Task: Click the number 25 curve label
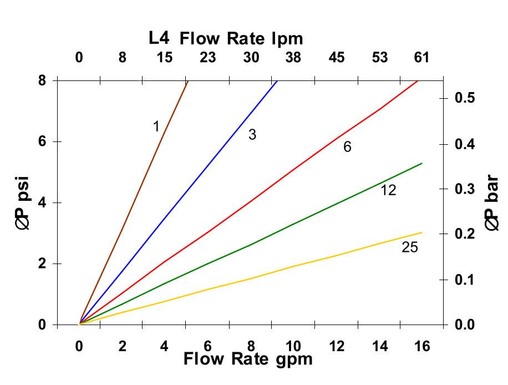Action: click(409, 247)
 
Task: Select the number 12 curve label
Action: click(388, 190)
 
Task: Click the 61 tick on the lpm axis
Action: click(423, 57)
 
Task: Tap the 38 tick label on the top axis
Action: click(294, 57)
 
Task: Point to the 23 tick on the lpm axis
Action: click(208, 57)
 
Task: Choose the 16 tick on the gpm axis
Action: click(423, 346)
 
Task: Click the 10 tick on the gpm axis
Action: click(294, 346)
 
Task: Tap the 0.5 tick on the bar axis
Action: click(465, 98)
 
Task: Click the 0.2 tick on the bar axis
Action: click(465, 234)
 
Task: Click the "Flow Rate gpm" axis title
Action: click(248, 359)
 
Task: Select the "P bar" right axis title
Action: click(492, 203)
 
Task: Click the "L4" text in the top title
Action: click(160, 39)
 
